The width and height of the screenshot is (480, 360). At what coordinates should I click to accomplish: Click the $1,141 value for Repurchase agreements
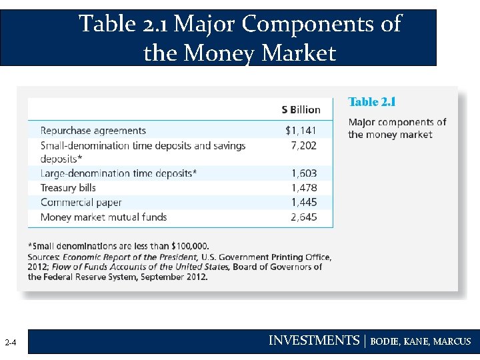tap(301, 131)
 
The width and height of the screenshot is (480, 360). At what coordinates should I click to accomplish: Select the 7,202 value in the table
tap(304, 145)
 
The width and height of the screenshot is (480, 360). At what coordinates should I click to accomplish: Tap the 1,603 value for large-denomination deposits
tap(304, 173)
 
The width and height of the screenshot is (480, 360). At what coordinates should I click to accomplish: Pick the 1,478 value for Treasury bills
tap(304, 188)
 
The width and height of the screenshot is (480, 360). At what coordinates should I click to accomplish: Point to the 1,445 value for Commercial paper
tap(304, 202)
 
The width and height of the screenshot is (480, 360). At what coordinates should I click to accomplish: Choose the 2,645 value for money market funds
tap(304, 217)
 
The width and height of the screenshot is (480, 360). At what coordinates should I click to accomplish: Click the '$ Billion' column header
tap(301, 109)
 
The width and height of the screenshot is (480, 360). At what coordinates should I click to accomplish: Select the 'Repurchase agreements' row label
tap(93, 131)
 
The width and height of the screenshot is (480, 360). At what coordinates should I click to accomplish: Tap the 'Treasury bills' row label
tap(68, 188)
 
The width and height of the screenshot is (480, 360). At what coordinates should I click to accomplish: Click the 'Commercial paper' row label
tap(81, 202)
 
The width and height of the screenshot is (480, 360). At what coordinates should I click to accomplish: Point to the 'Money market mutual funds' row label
tap(103, 217)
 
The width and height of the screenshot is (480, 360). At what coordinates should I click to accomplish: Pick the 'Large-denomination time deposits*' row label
tap(119, 173)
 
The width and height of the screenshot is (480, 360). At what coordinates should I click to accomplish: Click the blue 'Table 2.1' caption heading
tap(372, 102)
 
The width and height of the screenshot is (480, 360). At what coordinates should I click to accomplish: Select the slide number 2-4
tap(10, 343)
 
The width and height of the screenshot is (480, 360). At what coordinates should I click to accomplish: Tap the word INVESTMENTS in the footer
tap(313, 341)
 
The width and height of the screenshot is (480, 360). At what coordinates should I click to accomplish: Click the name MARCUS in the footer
tap(452, 341)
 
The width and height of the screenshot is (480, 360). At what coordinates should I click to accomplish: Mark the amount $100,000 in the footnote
tap(189, 246)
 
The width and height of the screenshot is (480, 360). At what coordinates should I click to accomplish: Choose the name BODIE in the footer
tap(386, 341)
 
